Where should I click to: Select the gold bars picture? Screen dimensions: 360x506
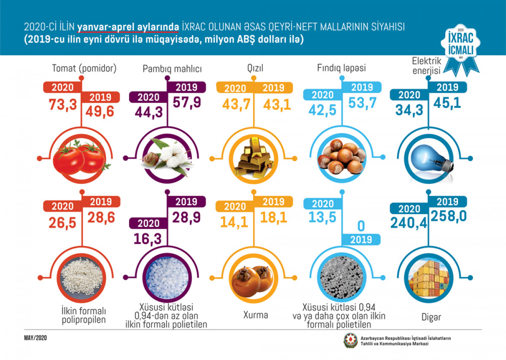pyautogui.click(x=253, y=160)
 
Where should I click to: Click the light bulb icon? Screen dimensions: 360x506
pyautogui.click(x=429, y=158)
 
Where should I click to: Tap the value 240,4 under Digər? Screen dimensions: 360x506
pyautogui.click(x=409, y=222)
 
